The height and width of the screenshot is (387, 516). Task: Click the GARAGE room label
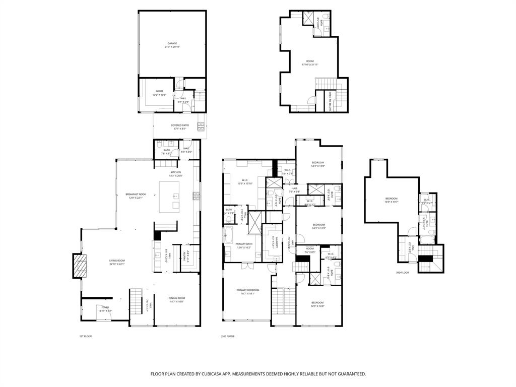tap(172, 44)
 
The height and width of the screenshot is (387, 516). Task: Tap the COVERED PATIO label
tap(179, 125)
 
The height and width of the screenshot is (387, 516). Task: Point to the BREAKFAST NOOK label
tap(135, 195)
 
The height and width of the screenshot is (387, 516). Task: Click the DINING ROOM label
tap(176, 298)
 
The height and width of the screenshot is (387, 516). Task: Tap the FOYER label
tap(105, 307)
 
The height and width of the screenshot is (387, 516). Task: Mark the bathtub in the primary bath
tap(229, 235)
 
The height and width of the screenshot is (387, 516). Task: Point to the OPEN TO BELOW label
tap(330, 101)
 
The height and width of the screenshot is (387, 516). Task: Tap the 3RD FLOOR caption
tap(402, 273)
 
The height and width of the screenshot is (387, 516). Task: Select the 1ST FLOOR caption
tap(85, 336)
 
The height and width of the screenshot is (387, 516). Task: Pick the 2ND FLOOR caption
tap(227, 336)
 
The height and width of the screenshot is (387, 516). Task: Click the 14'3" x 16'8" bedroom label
tap(317, 303)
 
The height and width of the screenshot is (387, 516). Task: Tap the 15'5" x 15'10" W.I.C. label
tap(245, 181)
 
